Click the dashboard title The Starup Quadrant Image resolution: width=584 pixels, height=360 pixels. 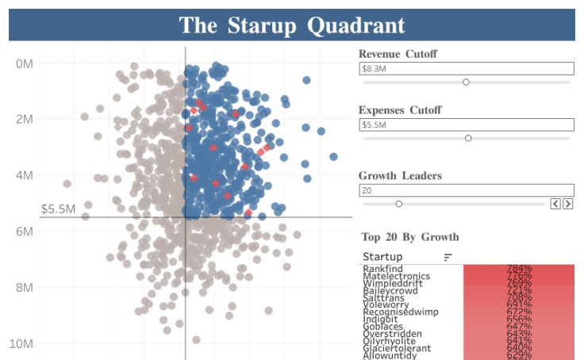pos(291,25)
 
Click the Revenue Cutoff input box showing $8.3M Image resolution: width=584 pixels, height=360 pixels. pos(466,69)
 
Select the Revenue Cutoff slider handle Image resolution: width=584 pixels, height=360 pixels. pos(466,82)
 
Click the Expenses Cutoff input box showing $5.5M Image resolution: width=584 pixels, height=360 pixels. pos(466,125)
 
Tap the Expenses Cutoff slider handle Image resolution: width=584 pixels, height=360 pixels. pos(468,138)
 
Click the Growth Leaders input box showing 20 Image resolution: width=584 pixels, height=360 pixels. pos(466,190)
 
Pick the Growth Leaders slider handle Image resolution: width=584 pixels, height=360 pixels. pos(398,204)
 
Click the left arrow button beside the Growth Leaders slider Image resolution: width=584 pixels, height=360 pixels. pos(555,204)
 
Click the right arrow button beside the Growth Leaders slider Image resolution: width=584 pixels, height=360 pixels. pos(567,204)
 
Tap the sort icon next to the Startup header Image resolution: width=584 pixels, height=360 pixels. pos(448,257)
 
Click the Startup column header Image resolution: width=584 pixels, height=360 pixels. pos(382,257)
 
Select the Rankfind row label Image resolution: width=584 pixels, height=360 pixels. pos(382,269)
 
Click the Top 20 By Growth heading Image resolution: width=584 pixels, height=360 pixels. pos(409,236)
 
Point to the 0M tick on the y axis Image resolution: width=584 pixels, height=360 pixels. pos(24,63)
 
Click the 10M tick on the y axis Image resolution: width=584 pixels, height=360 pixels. pos(21,344)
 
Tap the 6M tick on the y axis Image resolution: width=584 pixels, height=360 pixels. pos(24,232)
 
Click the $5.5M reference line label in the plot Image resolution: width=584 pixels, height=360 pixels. pos(58,209)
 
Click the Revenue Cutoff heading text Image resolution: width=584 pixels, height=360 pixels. pos(398,54)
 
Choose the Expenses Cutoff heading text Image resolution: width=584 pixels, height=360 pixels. pos(400,110)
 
